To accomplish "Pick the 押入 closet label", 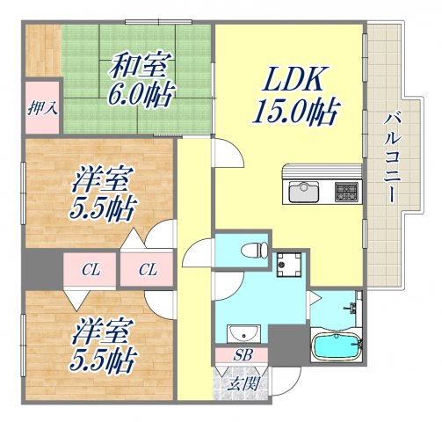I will coord(40,109).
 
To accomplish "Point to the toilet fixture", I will coord(256,250).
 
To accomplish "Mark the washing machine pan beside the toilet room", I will coord(289,262).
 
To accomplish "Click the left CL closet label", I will coord(90,269).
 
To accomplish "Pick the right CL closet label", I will coord(147,269).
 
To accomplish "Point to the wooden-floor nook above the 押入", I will coord(40,52).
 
